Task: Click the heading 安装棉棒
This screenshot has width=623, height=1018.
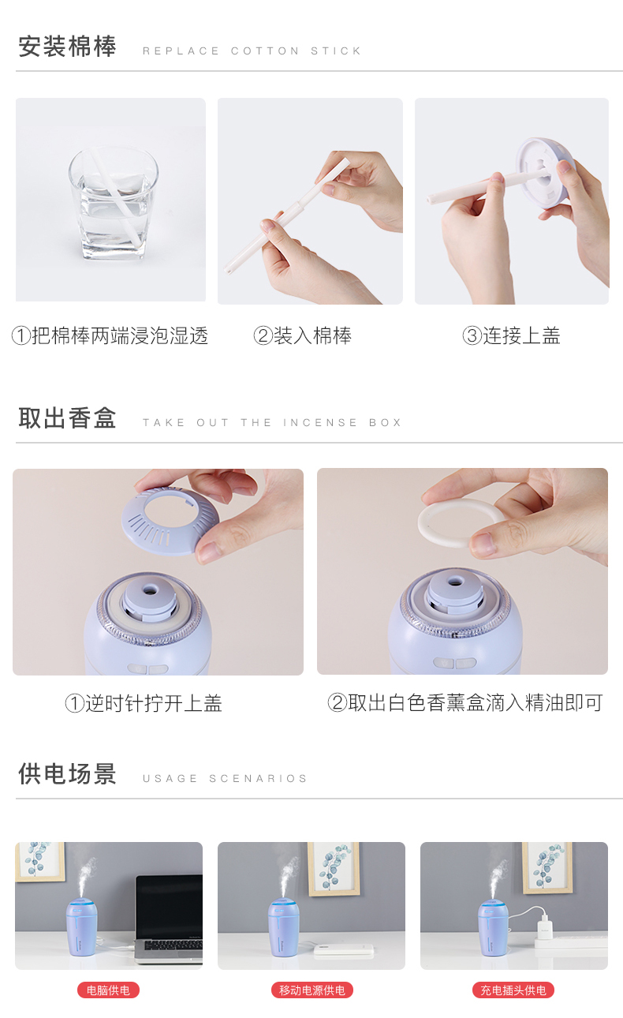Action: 67,47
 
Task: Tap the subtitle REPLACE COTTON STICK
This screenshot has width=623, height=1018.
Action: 252,51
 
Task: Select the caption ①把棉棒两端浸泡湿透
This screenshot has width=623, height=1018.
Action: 110,336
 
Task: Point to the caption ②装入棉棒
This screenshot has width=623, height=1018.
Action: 302,336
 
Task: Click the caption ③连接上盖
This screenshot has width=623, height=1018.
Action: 511,336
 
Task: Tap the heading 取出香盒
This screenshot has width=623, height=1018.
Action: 67,418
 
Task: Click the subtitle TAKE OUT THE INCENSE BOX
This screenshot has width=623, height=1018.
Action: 272,423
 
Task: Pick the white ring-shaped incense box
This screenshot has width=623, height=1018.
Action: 461,522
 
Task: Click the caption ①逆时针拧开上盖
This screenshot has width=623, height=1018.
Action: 144,703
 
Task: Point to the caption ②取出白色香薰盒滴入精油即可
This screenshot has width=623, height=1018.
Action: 465,702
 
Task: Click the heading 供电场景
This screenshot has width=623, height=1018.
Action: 67,774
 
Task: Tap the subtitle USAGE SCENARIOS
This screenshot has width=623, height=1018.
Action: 225,779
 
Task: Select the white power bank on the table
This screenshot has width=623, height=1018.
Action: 344,949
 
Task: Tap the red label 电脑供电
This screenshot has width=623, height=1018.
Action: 108,990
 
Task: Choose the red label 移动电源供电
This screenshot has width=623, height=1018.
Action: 311,990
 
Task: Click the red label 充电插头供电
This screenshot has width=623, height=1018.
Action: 513,990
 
